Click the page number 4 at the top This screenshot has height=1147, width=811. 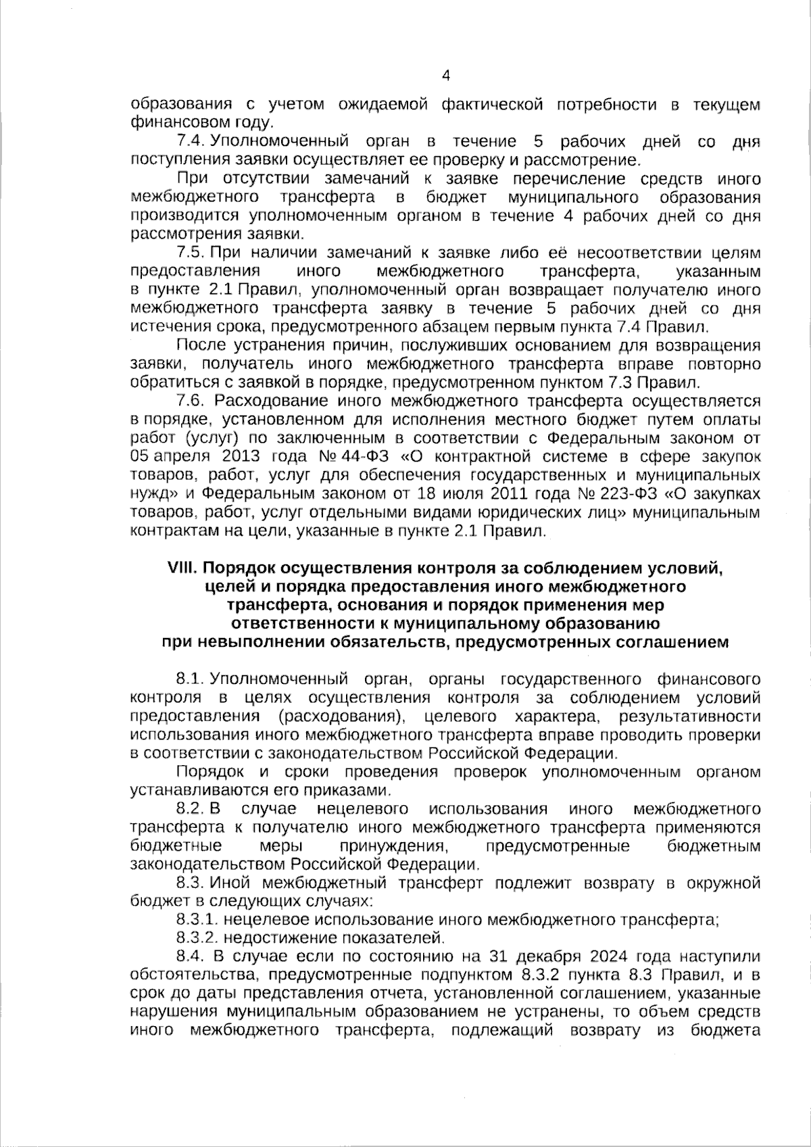coord(445,76)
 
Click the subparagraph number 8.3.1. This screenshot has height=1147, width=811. coord(197,920)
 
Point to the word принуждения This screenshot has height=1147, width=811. coord(392,846)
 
